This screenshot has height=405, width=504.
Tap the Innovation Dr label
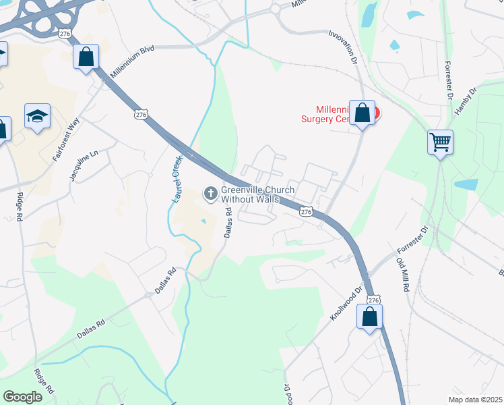[x=342, y=47]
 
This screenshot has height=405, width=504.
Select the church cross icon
[x=210, y=194]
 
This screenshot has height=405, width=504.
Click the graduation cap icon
[x=38, y=116]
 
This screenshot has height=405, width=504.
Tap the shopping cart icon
[x=440, y=142]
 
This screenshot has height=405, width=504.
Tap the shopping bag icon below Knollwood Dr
[x=369, y=317]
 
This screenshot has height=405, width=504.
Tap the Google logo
[x=23, y=397]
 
